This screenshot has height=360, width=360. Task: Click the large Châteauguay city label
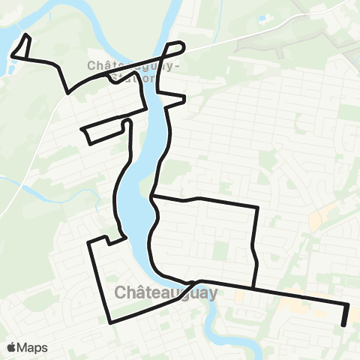166,292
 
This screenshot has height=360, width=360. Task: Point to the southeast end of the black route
343,325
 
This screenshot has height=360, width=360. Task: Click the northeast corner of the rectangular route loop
258,206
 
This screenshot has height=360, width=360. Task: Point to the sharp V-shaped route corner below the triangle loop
68,92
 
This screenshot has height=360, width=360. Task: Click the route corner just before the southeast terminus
348,304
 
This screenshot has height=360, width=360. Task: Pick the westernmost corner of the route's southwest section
90,242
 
